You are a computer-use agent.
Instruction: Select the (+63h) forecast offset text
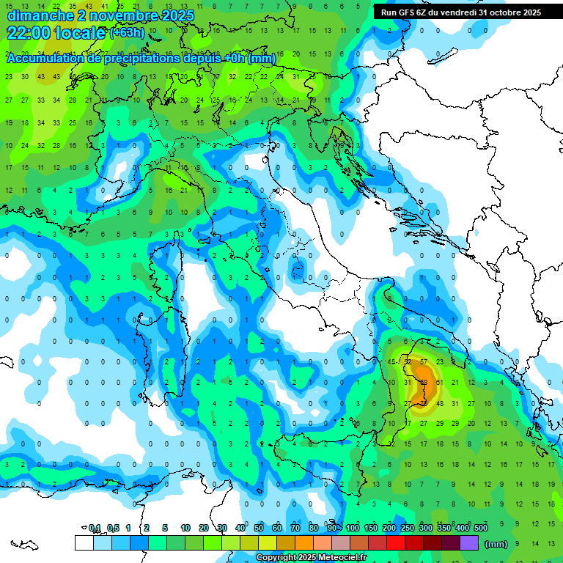click(127, 33)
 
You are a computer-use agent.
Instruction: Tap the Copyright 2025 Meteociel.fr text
click(311, 558)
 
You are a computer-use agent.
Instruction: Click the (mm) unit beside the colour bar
click(496, 544)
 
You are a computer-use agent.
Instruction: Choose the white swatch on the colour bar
click(84, 543)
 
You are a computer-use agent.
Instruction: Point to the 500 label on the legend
click(480, 528)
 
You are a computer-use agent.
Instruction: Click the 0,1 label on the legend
click(95, 528)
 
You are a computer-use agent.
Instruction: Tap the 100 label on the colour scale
click(352, 528)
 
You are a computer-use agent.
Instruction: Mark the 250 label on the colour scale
click(407, 528)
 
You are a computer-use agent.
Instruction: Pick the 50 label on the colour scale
click(259, 528)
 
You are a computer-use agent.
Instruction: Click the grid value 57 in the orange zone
click(424, 362)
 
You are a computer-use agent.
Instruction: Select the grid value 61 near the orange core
click(439, 383)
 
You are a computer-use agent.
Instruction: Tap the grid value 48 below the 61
click(440, 403)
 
